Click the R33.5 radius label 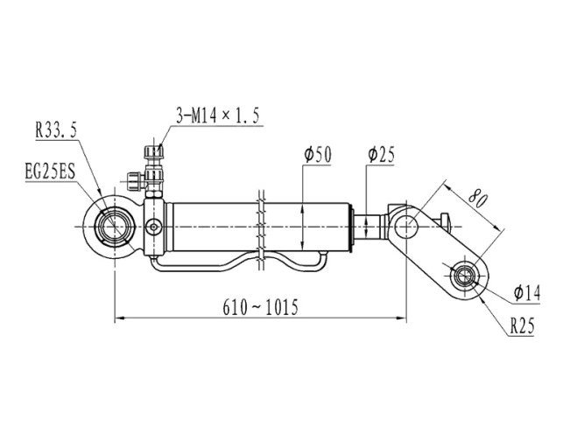56,129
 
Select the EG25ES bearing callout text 50,171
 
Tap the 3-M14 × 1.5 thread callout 218,115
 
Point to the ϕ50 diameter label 318,155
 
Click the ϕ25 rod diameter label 381,155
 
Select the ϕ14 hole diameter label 527,293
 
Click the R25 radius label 523,325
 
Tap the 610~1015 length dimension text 260,307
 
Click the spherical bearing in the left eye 115,227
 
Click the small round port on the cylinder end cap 154,227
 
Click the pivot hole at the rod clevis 406,227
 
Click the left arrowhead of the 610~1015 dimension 119,318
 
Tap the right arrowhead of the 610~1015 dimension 402,318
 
